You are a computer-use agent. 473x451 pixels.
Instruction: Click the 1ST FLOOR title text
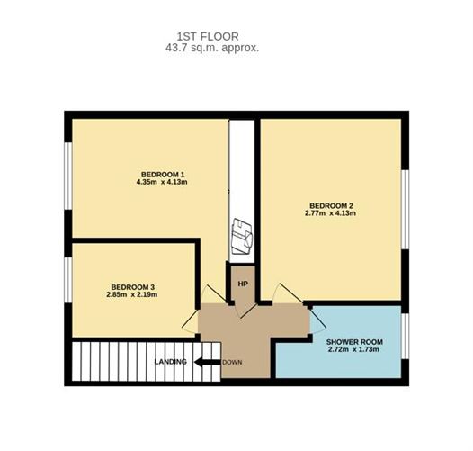(208, 37)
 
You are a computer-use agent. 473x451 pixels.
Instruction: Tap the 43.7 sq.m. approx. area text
(212, 48)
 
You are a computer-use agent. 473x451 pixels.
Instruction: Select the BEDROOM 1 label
(163, 175)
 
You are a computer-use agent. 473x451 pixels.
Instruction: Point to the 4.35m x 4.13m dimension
(162, 182)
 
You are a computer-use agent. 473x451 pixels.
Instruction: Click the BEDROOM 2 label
(331, 206)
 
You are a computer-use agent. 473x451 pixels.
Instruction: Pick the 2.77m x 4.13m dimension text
(330, 213)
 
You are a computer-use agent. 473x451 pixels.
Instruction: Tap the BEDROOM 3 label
(133, 287)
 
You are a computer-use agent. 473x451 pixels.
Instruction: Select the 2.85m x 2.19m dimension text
(132, 294)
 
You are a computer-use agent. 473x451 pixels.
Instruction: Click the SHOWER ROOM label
(354, 342)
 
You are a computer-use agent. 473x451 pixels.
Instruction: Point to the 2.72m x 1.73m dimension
(353, 350)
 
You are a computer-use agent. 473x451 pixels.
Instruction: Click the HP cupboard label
(243, 284)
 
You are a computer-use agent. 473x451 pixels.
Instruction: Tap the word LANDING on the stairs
(171, 362)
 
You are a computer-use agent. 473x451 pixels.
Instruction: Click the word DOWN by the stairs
(232, 362)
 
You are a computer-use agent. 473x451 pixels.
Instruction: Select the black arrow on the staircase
(208, 362)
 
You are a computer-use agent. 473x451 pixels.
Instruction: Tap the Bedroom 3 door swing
(189, 324)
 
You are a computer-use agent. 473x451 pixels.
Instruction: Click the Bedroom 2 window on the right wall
(406, 210)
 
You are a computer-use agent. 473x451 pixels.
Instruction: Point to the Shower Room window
(406, 336)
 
